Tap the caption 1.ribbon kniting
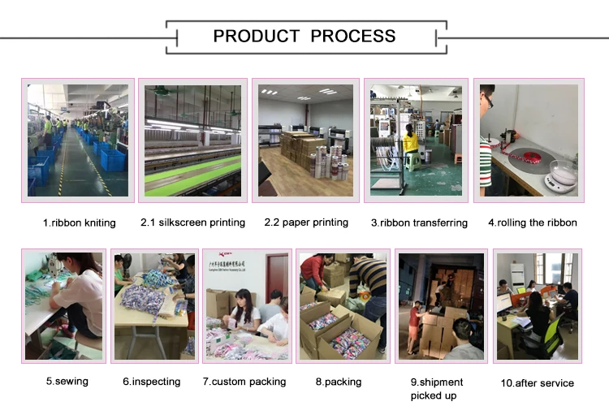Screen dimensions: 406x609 coord(79,222)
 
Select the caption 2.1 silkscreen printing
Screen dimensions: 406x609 coord(192,222)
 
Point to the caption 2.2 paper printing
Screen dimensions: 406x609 coord(306,222)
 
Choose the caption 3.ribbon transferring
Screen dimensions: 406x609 coord(419,222)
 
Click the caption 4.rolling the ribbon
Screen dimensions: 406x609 coord(532,222)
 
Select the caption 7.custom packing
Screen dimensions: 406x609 coord(244,381)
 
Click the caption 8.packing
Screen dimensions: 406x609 coord(335,381)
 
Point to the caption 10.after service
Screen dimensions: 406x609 coord(537,382)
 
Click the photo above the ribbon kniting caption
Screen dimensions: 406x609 coord(78,140)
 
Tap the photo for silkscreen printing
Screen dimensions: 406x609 coord(192,140)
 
